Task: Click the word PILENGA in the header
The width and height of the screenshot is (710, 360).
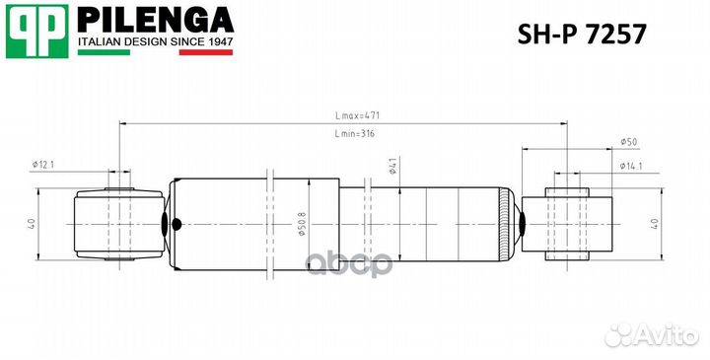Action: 155,20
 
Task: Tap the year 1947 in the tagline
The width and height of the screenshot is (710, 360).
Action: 216,41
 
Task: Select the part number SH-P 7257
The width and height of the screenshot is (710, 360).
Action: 582,35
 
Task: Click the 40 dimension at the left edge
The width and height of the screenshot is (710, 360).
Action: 32,224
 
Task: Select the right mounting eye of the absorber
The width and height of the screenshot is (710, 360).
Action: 566,223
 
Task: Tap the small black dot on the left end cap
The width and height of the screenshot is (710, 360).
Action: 177,224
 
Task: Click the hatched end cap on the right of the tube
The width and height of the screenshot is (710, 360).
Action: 509,224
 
